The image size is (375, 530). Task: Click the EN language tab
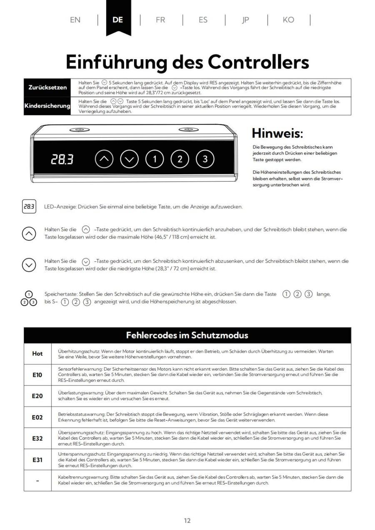click(x=75, y=20)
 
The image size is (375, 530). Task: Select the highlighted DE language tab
click(x=118, y=20)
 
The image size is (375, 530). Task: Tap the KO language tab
click(x=288, y=20)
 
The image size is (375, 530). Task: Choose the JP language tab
click(x=246, y=20)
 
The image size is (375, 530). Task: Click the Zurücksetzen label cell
click(x=47, y=87)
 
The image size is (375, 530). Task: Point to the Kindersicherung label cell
click(x=47, y=106)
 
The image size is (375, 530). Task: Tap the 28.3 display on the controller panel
click(x=62, y=159)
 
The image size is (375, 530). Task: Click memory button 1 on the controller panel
click(x=155, y=159)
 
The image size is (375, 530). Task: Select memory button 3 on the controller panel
click(x=205, y=159)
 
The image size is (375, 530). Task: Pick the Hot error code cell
click(x=37, y=353)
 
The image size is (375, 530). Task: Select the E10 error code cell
click(x=37, y=375)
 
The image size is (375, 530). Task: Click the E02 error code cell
click(x=37, y=417)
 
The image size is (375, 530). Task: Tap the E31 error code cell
click(x=37, y=460)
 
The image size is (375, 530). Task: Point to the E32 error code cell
click(x=37, y=438)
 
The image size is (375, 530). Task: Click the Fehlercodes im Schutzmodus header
click(x=187, y=335)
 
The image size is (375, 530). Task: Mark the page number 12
click(x=187, y=520)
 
